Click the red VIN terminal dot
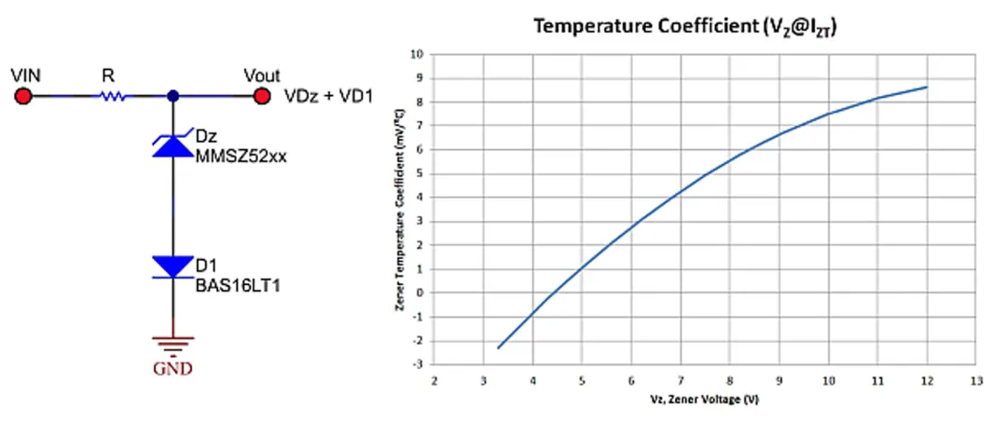point(23,96)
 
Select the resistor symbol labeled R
point(114,96)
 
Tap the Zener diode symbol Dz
point(172,144)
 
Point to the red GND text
point(172,369)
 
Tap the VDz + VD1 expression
point(325,95)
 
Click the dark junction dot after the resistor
point(172,96)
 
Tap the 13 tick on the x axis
point(975,379)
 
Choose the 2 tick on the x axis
point(435,379)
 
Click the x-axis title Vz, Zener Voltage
point(705,399)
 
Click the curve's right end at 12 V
point(927,87)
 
